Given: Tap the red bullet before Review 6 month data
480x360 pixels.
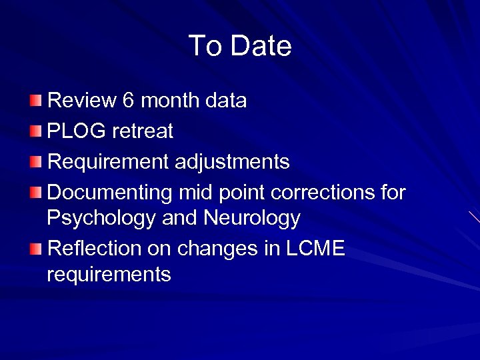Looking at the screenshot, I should tap(35, 101).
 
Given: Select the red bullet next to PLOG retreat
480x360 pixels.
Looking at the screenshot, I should tap(35, 131).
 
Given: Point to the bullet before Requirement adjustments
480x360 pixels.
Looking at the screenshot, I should tap(35, 161).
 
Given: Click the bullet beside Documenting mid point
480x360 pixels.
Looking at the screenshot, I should tap(35, 193).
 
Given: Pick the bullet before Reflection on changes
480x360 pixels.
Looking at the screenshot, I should tap(35, 249).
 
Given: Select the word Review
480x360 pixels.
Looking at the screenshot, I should tap(82, 101).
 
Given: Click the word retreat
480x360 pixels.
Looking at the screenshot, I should tap(143, 131).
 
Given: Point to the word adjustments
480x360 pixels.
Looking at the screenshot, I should tap(235, 162).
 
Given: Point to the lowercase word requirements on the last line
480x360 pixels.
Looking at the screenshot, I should tap(109, 274).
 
